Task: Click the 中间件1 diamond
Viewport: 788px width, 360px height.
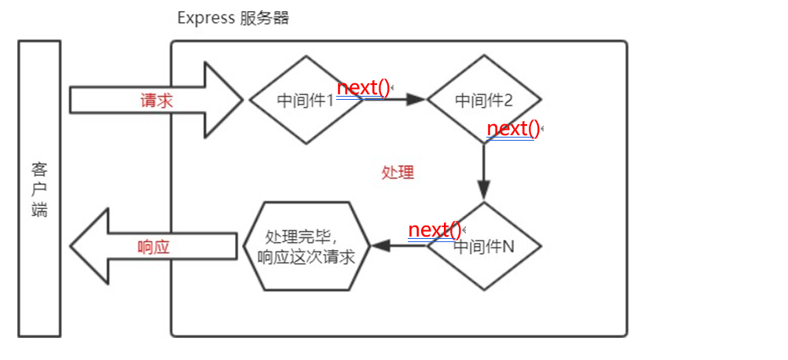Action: (306, 101)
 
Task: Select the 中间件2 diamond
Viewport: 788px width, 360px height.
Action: (483, 101)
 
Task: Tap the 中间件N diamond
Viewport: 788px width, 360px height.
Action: (484, 246)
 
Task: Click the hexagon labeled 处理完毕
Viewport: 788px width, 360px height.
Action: (306, 245)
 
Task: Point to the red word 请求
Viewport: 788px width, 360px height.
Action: (156, 101)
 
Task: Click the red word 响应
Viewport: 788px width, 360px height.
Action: (153, 246)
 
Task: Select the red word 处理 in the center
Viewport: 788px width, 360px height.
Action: (397, 173)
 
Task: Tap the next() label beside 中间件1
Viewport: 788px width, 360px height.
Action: (363, 88)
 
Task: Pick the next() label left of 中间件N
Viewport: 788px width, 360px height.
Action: (435, 230)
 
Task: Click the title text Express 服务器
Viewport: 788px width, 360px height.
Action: (233, 18)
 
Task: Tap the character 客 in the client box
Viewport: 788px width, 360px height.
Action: (39, 170)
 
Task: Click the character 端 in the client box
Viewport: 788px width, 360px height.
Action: (39, 211)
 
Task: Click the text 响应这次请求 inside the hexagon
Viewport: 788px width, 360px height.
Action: (306, 255)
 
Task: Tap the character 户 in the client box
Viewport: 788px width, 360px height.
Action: (39, 190)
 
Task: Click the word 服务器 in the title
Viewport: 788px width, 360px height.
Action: (263, 18)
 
